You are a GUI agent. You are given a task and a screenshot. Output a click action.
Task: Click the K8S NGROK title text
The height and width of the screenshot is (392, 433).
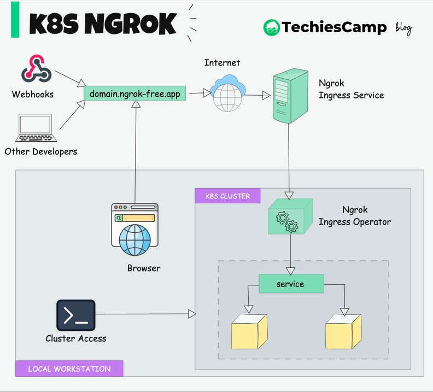coord(102,24)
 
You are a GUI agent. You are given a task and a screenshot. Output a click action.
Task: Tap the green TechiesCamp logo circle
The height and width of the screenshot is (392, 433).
coord(271,28)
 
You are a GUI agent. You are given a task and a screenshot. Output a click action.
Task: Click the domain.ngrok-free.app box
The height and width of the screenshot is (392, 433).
coord(134,94)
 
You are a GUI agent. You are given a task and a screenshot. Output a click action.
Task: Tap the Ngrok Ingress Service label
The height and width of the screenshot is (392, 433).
coord(351,90)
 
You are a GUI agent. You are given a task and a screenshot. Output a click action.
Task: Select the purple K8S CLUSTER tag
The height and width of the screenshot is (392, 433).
coord(227,196)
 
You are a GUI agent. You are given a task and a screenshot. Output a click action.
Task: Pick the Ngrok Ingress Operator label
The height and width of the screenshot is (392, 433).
coord(354,216)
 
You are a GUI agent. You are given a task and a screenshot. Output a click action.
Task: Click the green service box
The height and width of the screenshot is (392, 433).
coord(291,284)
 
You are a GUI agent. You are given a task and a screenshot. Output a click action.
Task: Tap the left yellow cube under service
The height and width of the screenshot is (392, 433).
coord(249,331)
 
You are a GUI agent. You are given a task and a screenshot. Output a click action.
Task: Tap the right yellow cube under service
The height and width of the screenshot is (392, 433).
coord(343,331)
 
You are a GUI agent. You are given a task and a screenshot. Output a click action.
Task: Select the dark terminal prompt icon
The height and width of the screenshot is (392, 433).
coord(75,315)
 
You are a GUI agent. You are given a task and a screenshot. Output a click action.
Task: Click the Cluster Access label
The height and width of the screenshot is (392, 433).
coord(76,338)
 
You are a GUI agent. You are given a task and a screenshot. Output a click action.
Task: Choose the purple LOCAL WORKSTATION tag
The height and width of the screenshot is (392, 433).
coord(69,368)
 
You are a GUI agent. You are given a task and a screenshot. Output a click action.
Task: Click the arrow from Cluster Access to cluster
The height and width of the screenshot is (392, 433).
coord(145,314)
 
